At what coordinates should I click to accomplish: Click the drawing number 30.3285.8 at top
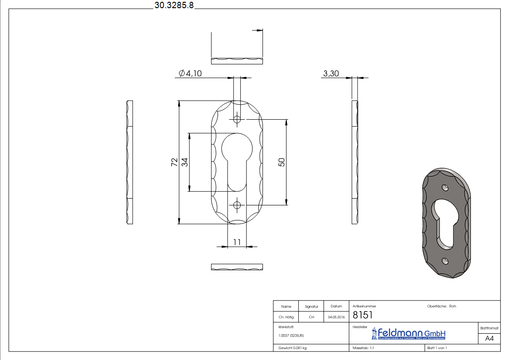[174, 5]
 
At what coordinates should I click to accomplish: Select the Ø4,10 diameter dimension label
[190, 73]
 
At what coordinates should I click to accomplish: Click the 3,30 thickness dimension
[331, 73]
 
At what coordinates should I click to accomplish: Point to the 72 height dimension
[174, 162]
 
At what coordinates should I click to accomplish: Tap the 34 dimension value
[185, 162]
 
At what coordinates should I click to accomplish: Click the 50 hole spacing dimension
[281, 162]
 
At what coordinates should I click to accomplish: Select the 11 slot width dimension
[237, 242]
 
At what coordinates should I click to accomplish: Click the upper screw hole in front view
[237, 120]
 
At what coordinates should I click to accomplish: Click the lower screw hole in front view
[237, 205]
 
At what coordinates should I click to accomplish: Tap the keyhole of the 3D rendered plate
[444, 222]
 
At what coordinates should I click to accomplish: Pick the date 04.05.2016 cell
[336, 317]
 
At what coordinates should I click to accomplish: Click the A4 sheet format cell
[489, 338]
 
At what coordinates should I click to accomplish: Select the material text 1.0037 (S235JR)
[291, 336]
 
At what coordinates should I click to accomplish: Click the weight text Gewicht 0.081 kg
[292, 348]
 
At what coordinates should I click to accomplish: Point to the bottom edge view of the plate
[237, 267]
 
